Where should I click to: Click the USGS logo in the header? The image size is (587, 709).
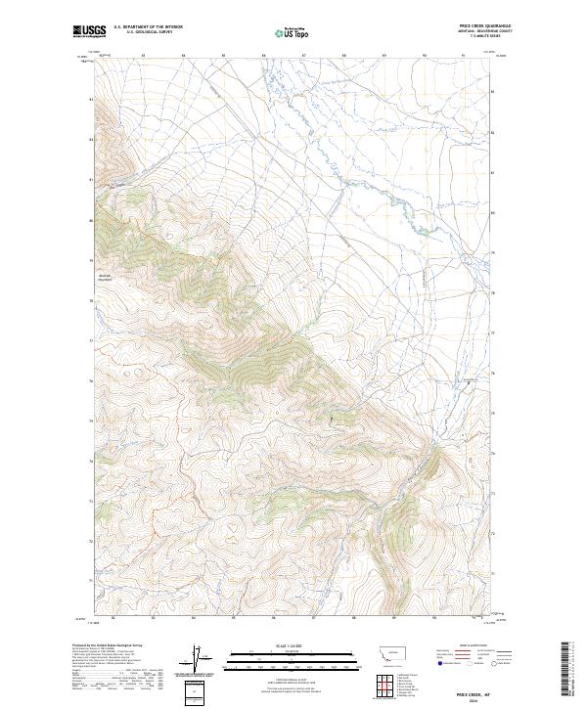coord(89,31)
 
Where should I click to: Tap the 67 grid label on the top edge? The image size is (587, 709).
coord(303,56)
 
